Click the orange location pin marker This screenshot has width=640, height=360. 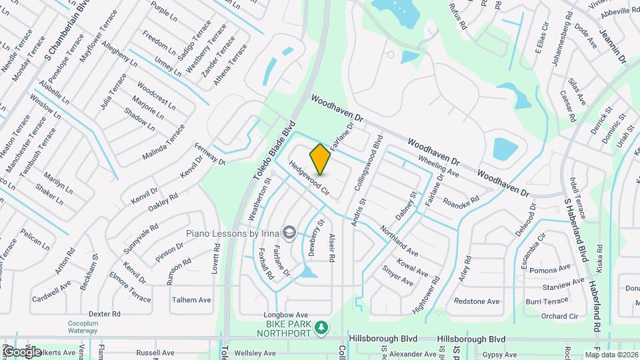pyautogui.click(x=320, y=159)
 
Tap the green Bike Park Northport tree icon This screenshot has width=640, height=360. pyautogui.click(x=321, y=327)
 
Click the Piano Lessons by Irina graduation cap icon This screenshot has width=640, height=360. pyautogui.click(x=289, y=232)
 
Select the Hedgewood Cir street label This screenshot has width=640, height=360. pyautogui.click(x=310, y=177)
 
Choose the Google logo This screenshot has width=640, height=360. pyautogui.click(x=21, y=351)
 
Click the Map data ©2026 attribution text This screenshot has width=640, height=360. pyautogui.click(x=611, y=355)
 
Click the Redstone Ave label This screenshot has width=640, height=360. pyautogui.click(x=477, y=301)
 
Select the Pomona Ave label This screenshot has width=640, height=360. pyautogui.click(x=551, y=269)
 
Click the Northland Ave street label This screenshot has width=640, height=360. pyautogui.click(x=399, y=242)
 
